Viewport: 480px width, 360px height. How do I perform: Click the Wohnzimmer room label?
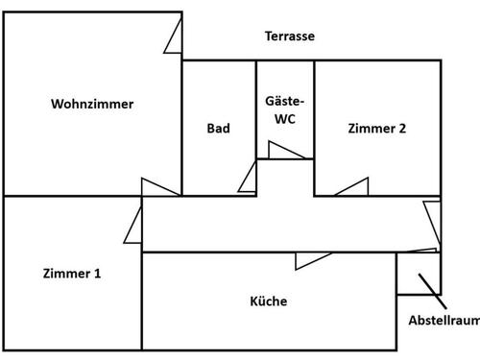92,105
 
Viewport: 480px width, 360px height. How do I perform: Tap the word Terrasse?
290,36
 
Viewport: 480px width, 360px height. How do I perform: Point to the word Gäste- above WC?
285,101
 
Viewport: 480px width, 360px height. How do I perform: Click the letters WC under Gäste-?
285,119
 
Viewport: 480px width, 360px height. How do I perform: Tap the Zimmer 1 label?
72,274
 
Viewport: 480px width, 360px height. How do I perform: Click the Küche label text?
269,301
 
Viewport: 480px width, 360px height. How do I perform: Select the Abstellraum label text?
443,322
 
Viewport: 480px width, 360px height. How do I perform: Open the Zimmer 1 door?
133,228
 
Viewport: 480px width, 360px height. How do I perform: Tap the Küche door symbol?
314,260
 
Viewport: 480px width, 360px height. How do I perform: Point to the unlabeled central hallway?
278,226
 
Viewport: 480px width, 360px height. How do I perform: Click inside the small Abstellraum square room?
417,274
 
